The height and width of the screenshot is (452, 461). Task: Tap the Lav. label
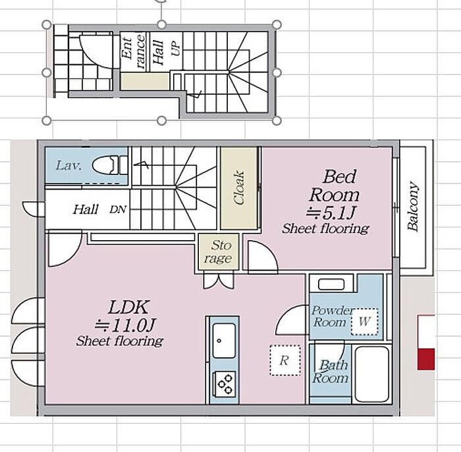[68, 166]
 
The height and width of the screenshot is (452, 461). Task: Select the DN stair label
[118, 209]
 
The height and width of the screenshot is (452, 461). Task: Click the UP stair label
[176, 49]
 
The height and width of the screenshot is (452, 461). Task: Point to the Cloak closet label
[238, 188]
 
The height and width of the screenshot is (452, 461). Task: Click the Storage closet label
[218, 252]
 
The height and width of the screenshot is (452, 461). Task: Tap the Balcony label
[413, 207]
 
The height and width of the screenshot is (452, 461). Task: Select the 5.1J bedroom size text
[331, 213]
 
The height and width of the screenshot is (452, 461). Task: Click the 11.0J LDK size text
[124, 325]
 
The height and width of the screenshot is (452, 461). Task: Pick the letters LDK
[128, 307]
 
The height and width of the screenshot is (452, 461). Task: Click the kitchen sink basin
[224, 340]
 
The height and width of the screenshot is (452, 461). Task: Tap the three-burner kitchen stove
[225, 384]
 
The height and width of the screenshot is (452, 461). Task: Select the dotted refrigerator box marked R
[285, 361]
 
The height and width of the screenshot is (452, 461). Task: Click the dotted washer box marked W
[364, 322]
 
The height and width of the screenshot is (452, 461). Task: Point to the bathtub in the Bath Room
[372, 374]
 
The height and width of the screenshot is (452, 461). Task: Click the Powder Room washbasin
[331, 284]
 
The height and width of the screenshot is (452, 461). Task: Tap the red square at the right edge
[426, 359]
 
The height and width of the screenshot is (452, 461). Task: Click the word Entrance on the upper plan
[133, 52]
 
